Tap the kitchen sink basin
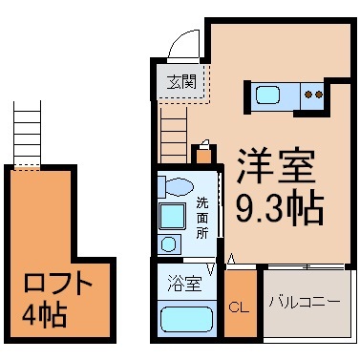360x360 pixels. pyautogui.click(x=267, y=95)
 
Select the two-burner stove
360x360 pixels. pyautogui.click(x=313, y=95)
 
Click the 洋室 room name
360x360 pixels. pyautogui.click(x=276, y=165)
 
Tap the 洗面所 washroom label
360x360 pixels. pyautogui.click(x=202, y=219)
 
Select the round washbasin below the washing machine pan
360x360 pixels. pyautogui.click(x=168, y=244)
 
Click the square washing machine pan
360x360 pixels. pyautogui.click(x=172, y=217)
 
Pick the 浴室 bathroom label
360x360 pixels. pyautogui.click(x=184, y=284)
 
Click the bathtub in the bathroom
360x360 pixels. pyautogui.click(x=187, y=319)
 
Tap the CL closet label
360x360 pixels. pyautogui.click(x=239, y=307)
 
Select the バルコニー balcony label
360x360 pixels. pyautogui.click(x=305, y=302)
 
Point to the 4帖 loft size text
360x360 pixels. pyautogui.click(x=44, y=315)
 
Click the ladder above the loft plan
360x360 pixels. pyautogui.click(x=28, y=134)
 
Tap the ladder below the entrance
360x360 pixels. pyautogui.click(x=174, y=135)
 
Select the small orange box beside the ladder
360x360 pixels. pyautogui.click(x=204, y=156)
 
